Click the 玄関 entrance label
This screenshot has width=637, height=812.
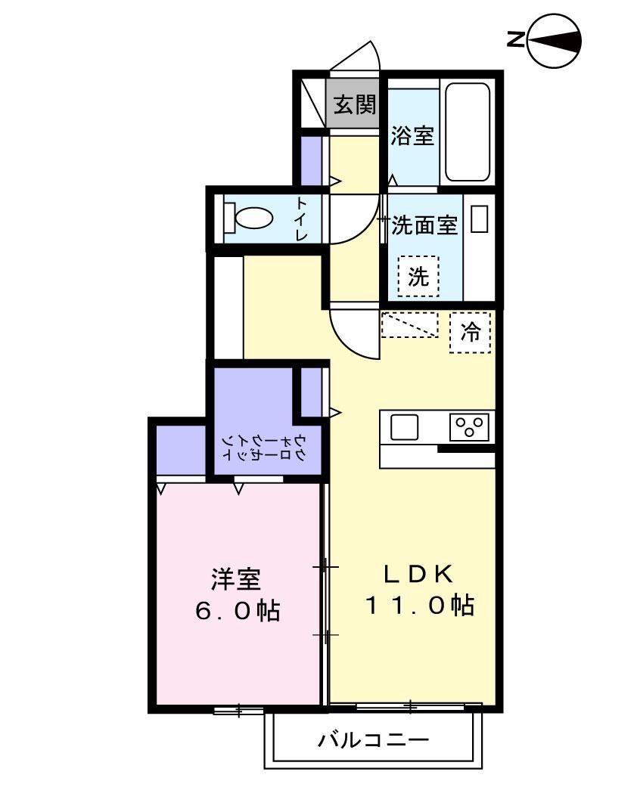(354, 105)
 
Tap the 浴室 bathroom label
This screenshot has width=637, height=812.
(412, 137)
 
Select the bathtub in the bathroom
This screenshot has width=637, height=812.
(467, 132)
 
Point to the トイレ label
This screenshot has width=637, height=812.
(302, 218)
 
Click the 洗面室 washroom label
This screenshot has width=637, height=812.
(424, 225)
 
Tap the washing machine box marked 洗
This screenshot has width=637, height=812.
(418, 277)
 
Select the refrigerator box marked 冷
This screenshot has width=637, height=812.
(470, 332)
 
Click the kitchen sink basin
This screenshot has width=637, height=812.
(404, 427)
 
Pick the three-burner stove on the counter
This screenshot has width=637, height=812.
(469, 427)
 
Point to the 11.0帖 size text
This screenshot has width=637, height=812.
(421, 605)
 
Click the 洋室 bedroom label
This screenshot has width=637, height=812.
(236, 579)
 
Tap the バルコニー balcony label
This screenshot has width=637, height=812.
(373, 739)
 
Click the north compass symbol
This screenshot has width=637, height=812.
(554, 39)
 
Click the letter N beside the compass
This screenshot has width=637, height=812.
(514, 39)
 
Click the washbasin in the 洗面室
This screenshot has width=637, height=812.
(479, 219)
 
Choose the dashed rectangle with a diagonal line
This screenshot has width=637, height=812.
(409, 324)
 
